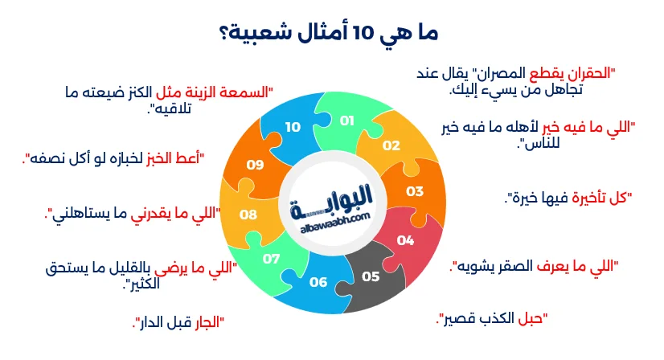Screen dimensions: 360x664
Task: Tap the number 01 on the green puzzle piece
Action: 347,121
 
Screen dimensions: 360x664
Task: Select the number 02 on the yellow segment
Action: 391,145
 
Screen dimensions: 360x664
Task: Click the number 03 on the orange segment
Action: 414,191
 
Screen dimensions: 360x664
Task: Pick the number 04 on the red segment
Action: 405,239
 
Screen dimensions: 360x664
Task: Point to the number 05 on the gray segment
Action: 370,276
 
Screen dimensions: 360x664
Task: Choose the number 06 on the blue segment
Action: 318,282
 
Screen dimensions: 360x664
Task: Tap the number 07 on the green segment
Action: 271,259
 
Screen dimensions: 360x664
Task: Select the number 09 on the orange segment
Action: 255,164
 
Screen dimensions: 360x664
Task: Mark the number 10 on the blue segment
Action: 292,127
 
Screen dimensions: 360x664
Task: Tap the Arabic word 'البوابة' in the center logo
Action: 331,195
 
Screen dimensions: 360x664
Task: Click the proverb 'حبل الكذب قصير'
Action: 491,318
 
